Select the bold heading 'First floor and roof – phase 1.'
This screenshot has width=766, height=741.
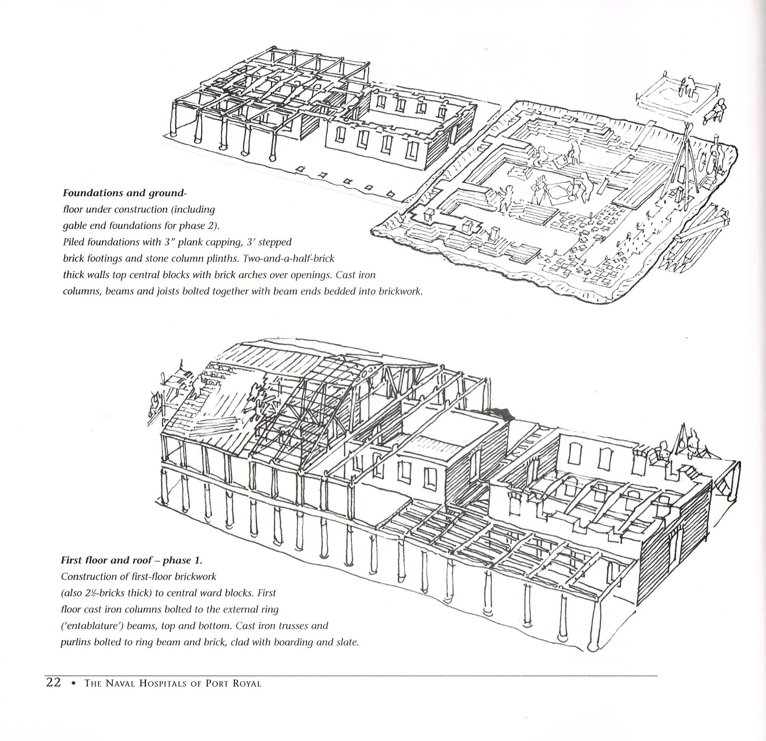pyautogui.click(x=131, y=560)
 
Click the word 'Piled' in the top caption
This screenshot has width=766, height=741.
pyautogui.click(x=74, y=242)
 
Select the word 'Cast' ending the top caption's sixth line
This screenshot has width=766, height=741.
pyautogui.click(x=366, y=275)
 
